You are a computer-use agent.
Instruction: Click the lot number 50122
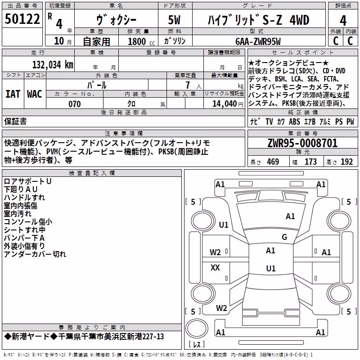[x=22, y=19]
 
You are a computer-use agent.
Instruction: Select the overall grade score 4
[x=343, y=20]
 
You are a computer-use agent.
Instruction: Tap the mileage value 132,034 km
[x=53, y=65]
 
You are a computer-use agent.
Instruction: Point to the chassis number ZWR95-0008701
[x=302, y=143]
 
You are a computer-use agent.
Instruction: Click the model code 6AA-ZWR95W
[x=258, y=41]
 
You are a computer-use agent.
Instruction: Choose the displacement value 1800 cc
[x=141, y=41]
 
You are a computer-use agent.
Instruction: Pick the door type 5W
[x=174, y=20]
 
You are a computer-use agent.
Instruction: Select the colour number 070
[x=75, y=104]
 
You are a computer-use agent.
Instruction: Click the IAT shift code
[x=13, y=94]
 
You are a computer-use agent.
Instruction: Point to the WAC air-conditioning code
[x=35, y=94]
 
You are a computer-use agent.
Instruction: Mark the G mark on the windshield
[x=284, y=237]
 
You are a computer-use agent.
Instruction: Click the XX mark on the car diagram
[x=215, y=267]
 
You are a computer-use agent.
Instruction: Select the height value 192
[x=346, y=162]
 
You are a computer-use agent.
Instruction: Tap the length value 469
[x=273, y=162]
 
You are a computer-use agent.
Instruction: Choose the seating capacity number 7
[x=188, y=85]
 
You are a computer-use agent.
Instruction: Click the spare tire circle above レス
[x=197, y=329]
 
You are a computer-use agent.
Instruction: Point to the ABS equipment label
[x=294, y=121]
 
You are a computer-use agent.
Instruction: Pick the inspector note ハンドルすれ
[x=24, y=198]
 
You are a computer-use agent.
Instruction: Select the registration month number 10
[x=59, y=41]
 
